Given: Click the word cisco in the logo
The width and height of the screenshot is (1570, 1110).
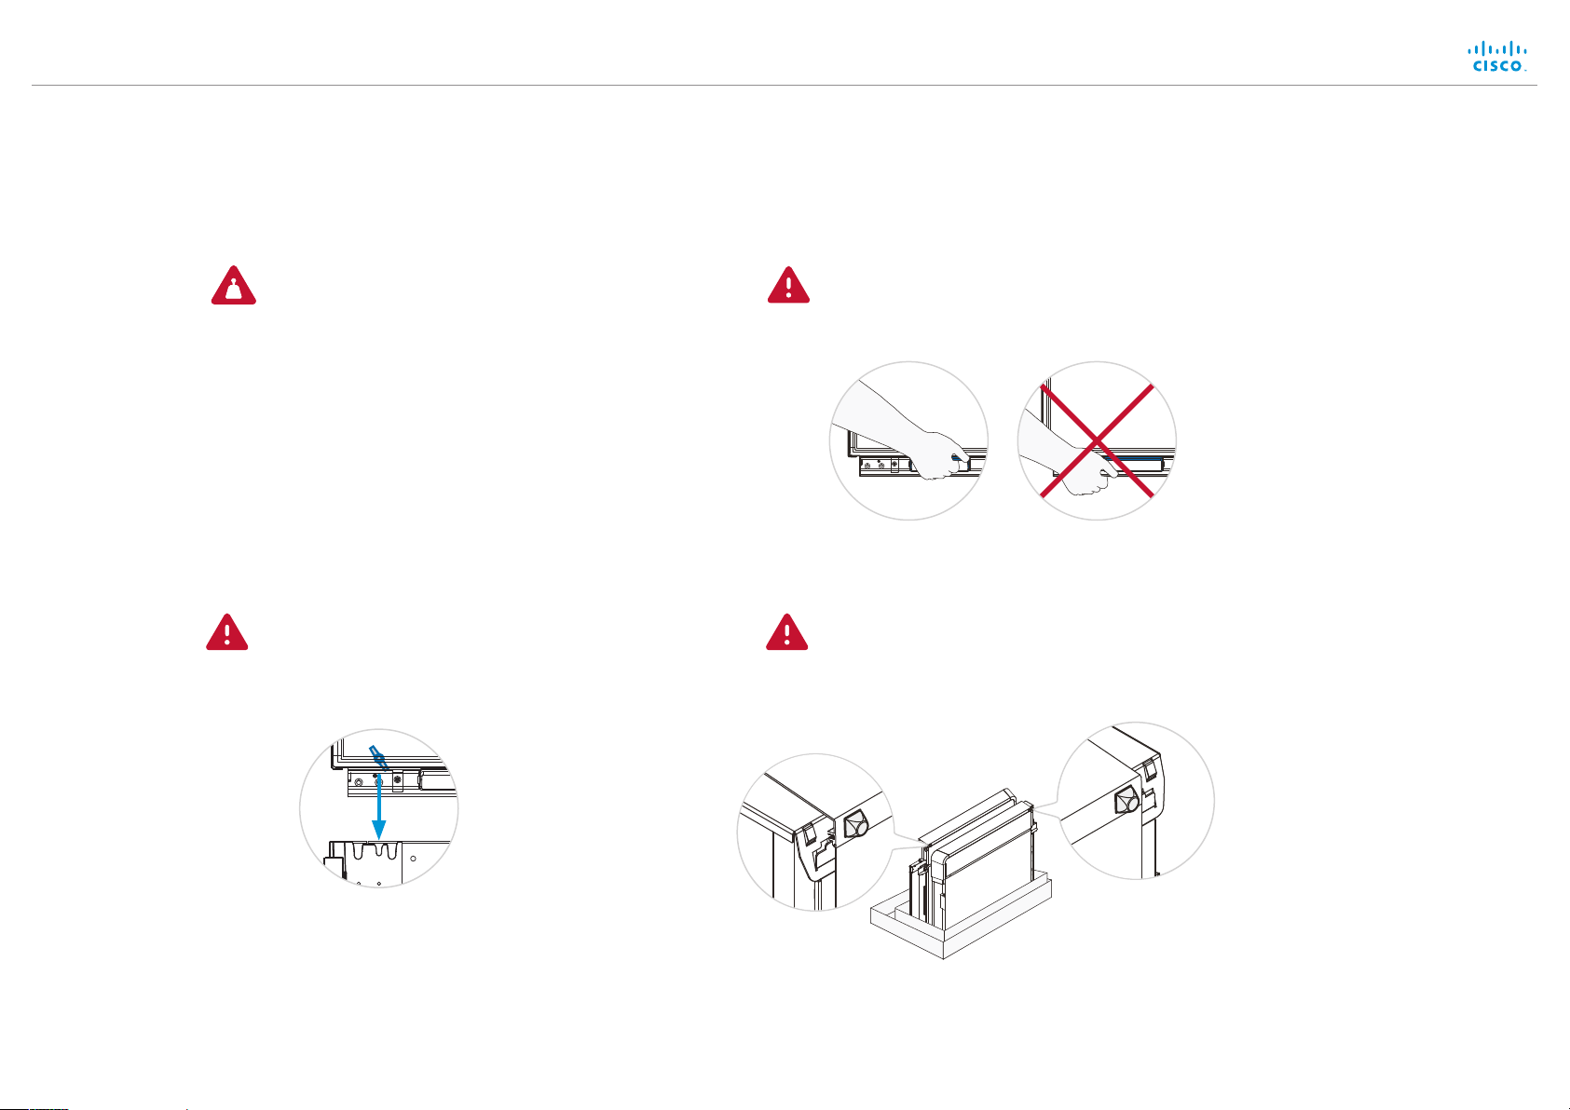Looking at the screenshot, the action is tap(1497, 66).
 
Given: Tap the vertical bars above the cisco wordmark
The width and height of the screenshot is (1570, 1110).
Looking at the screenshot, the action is tap(1497, 48).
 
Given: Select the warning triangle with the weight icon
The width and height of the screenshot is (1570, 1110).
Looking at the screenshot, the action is tap(233, 285).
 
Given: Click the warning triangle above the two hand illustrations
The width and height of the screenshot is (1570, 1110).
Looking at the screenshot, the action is tap(788, 285).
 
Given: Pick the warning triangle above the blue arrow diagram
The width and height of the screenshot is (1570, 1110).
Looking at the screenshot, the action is tap(227, 632).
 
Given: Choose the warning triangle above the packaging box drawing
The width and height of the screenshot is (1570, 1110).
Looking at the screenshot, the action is tap(786, 632).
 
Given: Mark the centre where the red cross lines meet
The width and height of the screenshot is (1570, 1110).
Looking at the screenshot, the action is tap(1097, 441).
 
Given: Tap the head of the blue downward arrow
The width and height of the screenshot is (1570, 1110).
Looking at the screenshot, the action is tap(378, 830).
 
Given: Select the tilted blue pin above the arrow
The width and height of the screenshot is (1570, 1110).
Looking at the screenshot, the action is tap(378, 758).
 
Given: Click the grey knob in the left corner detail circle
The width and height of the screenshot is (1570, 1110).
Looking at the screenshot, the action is tap(857, 826).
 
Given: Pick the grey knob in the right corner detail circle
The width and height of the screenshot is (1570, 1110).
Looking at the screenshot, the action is tap(1126, 801).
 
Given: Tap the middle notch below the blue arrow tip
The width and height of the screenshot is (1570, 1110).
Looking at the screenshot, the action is tap(378, 850).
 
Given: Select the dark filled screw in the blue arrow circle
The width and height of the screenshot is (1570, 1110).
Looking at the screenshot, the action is tap(398, 779).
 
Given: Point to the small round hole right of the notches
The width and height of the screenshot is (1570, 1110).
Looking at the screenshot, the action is tap(414, 858).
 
